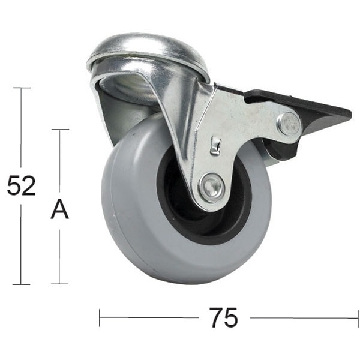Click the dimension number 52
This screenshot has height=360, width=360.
[x=22, y=186]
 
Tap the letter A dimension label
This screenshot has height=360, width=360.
[x=59, y=210]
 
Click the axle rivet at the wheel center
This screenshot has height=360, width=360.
[x=211, y=187]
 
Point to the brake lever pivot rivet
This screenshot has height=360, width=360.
[x=289, y=124]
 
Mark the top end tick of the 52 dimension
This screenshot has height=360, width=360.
[x=22, y=88]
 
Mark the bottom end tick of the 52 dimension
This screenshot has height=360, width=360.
[x=22, y=284]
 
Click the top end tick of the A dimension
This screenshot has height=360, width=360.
[x=59, y=129]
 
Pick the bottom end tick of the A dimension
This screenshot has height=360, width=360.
[x=59, y=284]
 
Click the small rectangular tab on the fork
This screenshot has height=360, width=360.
[x=216, y=145]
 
